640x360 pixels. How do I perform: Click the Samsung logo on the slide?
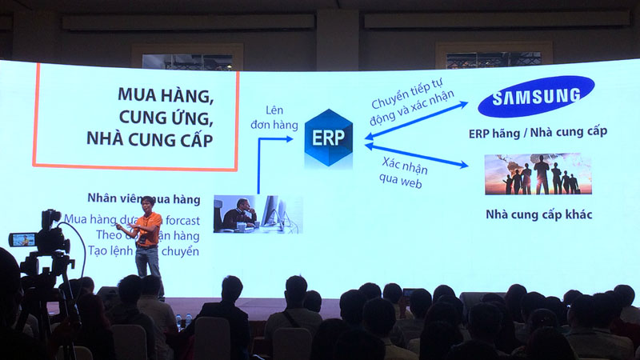coord(536,97)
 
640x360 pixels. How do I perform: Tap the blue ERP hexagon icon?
coord(328,137)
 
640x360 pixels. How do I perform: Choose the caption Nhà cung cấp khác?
coord(538,214)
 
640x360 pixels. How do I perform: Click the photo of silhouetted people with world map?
coord(538,174)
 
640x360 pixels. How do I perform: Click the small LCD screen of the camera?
coord(22,239)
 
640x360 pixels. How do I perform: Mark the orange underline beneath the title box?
coord(136,168)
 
